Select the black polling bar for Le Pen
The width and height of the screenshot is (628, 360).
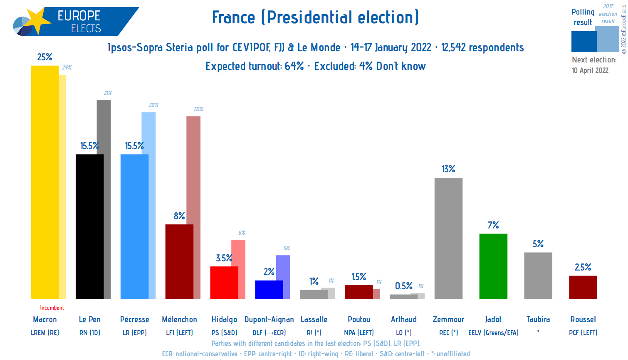[89, 227]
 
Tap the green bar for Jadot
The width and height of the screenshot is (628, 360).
[493, 266]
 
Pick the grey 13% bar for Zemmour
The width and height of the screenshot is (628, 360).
[448, 238]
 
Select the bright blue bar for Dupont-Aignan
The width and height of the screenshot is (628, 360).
[269, 290]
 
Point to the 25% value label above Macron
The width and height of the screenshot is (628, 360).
[45, 57]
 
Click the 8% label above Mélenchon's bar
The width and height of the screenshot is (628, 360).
[179, 216]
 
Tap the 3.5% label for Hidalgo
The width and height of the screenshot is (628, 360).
[224, 258]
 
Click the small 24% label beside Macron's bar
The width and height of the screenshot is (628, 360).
[67, 67]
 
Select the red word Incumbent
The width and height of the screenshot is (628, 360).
[52, 308]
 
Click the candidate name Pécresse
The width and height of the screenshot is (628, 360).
[134, 320]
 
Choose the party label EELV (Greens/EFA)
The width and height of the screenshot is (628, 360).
[493, 333]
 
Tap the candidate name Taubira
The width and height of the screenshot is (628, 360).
[538, 320]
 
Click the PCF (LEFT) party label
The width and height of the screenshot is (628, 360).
[583, 333]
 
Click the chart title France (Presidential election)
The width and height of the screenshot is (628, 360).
[315, 17]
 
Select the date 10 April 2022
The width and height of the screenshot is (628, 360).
[590, 70]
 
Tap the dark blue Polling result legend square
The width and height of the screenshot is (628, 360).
[583, 42]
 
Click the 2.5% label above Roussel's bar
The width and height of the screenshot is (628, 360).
[583, 267]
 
